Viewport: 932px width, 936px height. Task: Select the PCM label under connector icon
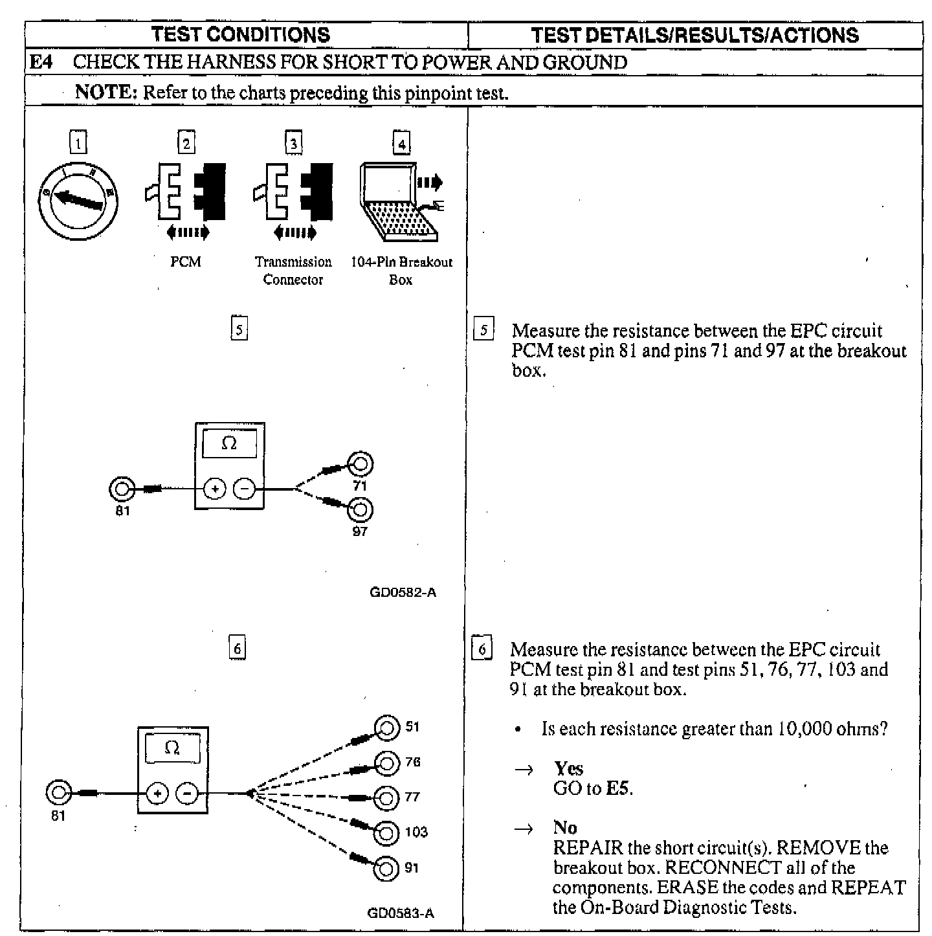pyautogui.click(x=186, y=262)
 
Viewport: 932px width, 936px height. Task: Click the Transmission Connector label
pyautogui.click(x=293, y=271)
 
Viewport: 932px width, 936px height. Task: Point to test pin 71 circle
pyautogui.click(x=360, y=464)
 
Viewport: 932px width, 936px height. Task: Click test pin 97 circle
pyautogui.click(x=360, y=510)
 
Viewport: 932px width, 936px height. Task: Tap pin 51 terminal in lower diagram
pyautogui.click(x=386, y=729)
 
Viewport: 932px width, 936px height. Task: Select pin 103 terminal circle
pyautogui.click(x=386, y=832)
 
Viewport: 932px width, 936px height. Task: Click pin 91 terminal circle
pyautogui.click(x=386, y=867)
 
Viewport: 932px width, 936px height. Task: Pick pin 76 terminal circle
pyautogui.click(x=386, y=764)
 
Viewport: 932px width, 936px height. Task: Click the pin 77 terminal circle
pyautogui.click(x=386, y=797)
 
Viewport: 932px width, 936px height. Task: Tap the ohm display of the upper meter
pyautogui.click(x=229, y=444)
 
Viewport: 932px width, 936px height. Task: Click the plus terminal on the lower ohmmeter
pyautogui.click(x=157, y=793)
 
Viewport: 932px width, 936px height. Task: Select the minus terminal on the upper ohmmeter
pyautogui.click(x=244, y=489)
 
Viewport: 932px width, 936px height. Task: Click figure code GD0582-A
pyautogui.click(x=403, y=592)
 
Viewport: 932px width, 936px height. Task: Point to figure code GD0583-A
pyautogui.click(x=401, y=913)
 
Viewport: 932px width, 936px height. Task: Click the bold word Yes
pyautogui.click(x=568, y=768)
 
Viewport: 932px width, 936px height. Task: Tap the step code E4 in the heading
pyautogui.click(x=42, y=63)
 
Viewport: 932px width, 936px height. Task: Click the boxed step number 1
pyautogui.click(x=78, y=142)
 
